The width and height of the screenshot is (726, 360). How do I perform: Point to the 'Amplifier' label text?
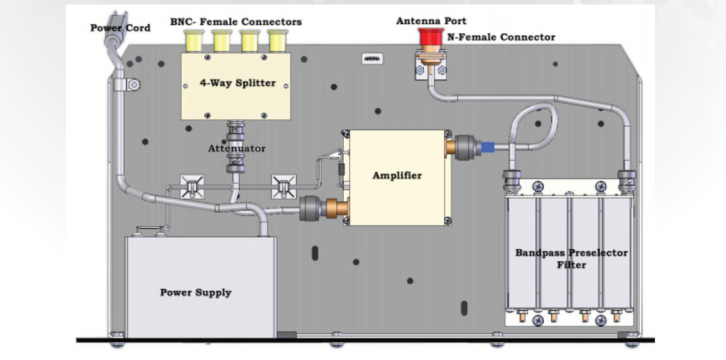[397, 176]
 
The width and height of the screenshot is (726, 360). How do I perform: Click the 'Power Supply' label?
[195, 293]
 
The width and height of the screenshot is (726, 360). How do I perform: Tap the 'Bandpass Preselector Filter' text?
[571, 258]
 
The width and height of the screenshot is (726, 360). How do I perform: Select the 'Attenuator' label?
[236, 149]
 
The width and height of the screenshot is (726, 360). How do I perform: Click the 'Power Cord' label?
[120, 28]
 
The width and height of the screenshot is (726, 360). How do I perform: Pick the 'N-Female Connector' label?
[500, 37]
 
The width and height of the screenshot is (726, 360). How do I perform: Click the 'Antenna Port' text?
[431, 21]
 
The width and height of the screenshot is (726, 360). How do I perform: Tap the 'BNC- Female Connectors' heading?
[236, 22]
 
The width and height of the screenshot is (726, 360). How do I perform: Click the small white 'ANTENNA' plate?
[372, 58]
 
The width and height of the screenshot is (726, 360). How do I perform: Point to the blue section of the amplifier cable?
[487, 147]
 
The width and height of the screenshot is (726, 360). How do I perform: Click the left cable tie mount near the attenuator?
[192, 186]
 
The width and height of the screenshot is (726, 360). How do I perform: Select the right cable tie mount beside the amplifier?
[284, 186]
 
